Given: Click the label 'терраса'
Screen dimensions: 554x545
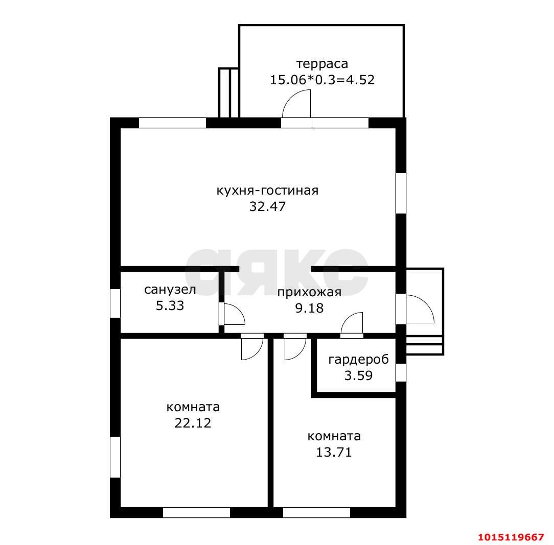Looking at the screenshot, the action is [322, 64].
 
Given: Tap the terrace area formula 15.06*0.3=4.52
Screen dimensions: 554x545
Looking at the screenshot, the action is [322, 80].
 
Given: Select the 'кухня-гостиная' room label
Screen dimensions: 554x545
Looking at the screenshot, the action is [267, 191].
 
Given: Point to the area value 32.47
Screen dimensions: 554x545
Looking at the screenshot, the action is [267, 206].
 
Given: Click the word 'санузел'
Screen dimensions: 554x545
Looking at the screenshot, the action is [170, 290].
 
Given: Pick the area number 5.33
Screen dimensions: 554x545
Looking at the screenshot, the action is [170, 305].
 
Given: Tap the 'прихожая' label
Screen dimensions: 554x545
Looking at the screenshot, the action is [309, 293].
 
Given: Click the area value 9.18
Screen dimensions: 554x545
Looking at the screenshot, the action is [309, 309].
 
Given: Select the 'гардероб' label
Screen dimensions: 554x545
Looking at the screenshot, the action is [358, 360].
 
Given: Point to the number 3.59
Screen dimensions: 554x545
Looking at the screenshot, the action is [358, 375].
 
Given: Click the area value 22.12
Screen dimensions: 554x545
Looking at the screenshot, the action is [193, 423].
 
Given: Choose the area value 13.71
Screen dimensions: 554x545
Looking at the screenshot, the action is [334, 452].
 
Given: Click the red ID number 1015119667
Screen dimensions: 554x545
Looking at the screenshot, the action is [511, 537].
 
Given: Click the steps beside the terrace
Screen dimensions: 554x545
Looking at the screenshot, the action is [228, 92].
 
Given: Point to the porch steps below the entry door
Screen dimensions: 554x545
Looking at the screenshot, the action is [424, 345].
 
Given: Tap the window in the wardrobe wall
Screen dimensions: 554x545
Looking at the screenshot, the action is [401, 372].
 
